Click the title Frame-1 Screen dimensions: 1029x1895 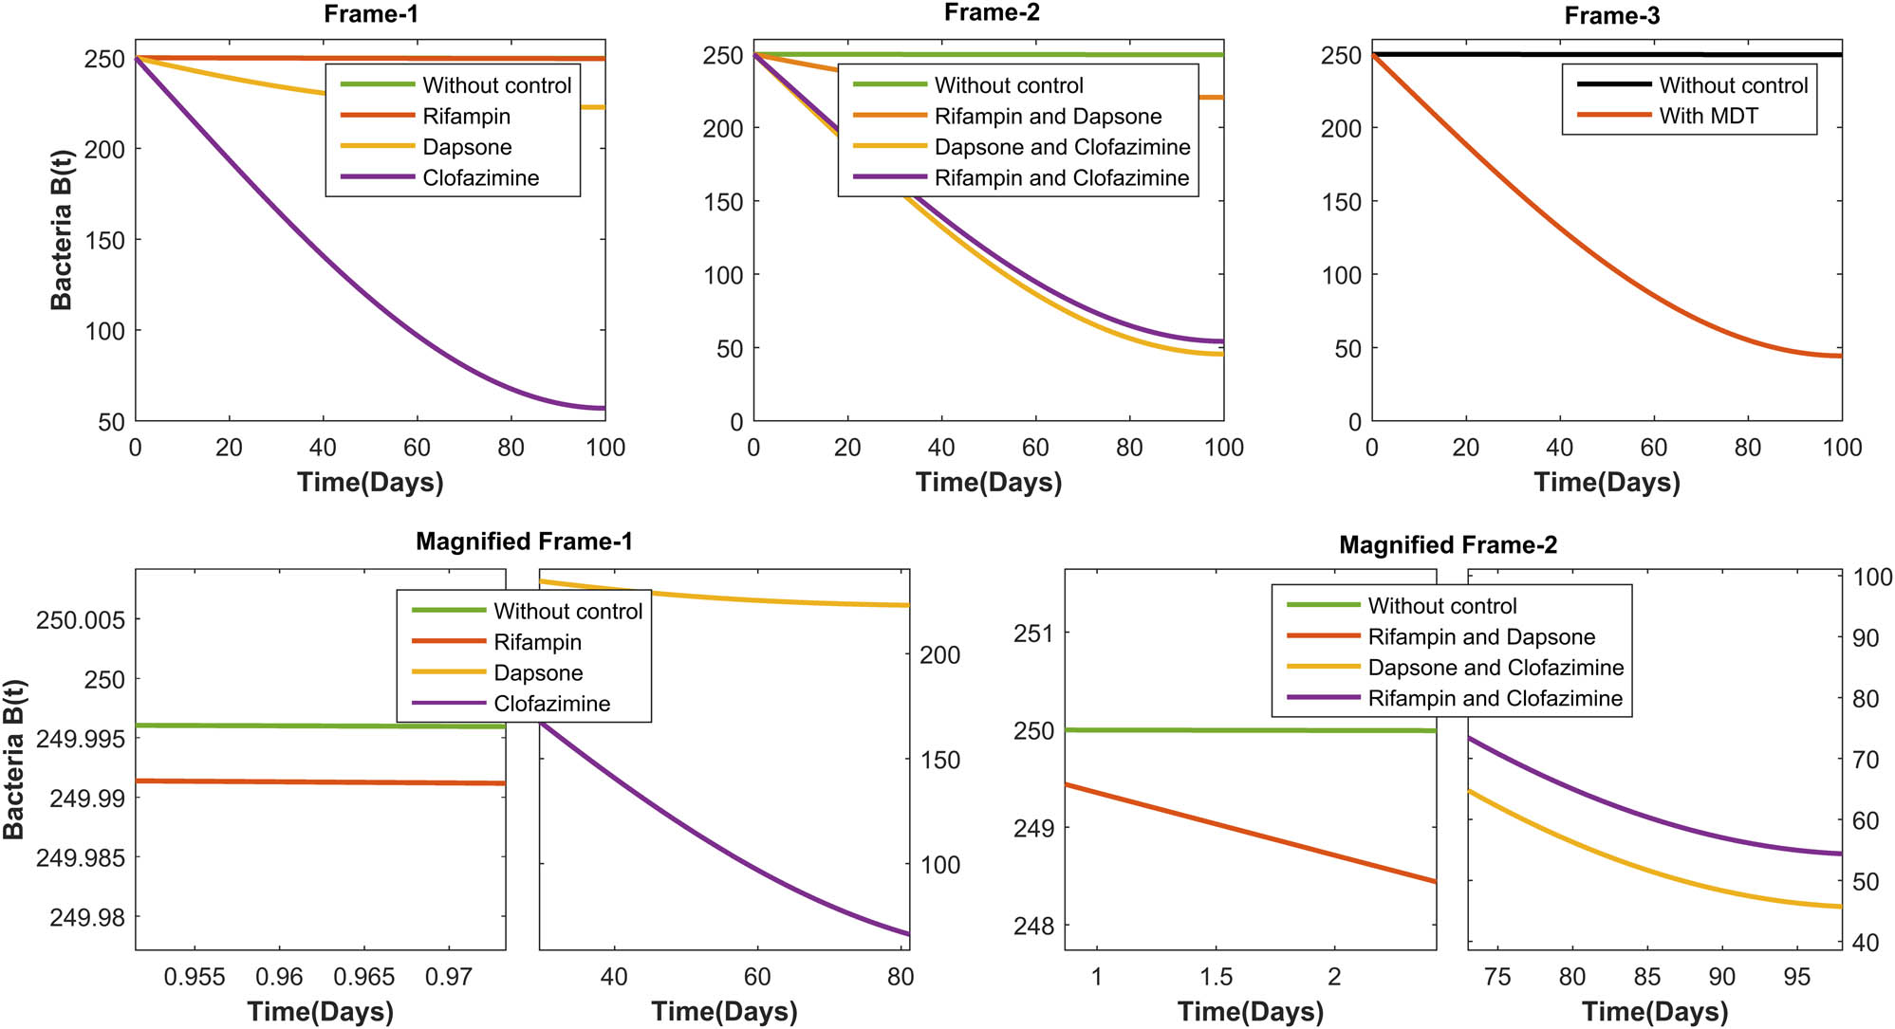[x=370, y=13]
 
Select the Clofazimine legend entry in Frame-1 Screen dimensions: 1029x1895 [x=480, y=178]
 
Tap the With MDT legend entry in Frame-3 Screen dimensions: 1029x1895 [x=1708, y=116]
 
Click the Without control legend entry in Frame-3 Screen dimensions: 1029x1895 [x=1733, y=85]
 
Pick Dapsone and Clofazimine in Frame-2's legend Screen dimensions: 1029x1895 [x=1062, y=147]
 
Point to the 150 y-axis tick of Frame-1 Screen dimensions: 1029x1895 [x=105, y=240]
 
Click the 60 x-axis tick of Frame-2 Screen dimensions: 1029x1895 [x=1034, y=448]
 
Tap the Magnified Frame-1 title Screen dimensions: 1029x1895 [x=524, y=542]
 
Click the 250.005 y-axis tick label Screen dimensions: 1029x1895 [x=80, y=620]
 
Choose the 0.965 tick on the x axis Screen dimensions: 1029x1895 [x=363, y=977]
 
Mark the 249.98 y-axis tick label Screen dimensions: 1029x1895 [x=86, y=918]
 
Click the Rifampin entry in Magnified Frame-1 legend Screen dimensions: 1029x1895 [x=537, y=642]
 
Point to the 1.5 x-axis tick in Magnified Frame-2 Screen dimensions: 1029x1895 [x=1216, y=977]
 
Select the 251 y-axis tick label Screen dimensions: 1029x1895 [x=1033, y=634]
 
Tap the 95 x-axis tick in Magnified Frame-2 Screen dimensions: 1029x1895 [x=1796, y=977]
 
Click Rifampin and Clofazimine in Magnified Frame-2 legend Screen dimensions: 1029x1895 [x=1495, y=699]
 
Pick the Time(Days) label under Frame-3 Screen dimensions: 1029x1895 [x=1607, y=482]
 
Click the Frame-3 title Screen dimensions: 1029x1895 [x=1611, y=16]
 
